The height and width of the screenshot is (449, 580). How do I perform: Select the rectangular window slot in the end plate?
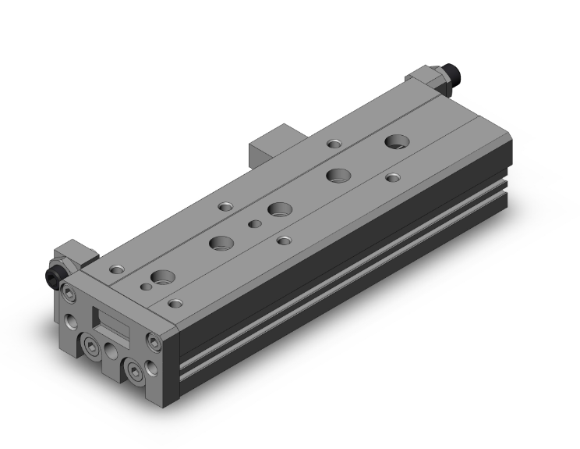(110, 320)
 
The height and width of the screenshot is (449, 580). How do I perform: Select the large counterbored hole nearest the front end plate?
(163, 276)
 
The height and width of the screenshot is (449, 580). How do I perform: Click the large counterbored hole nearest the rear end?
(395, 142)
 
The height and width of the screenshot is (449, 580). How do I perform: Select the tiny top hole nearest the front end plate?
(146, 287)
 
